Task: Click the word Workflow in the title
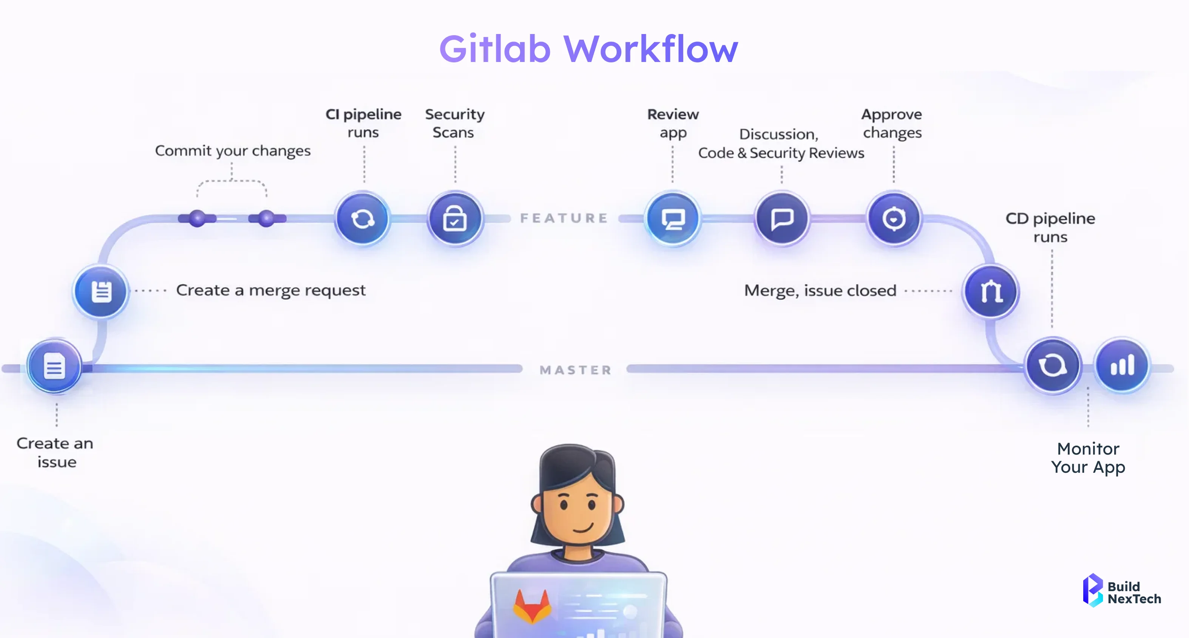click(x=651, y=49)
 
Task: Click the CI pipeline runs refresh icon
click(x=363, y=218)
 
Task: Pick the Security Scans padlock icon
click(x=455, y=218)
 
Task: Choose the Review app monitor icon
click(x=673, y=218)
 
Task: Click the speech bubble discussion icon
click(x=782, y=218)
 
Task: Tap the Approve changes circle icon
click(x=894, y=218)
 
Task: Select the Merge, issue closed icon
click(x=991, y=291)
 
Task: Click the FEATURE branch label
click(x=564, y=218)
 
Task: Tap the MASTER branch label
click(x=576, y=370)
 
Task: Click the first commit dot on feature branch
click(x=198, y=218)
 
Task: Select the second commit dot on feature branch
click(x=266, y=218)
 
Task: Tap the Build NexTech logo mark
click(x=1093, y=590)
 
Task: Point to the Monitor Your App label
click(x=1088, y=458)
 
